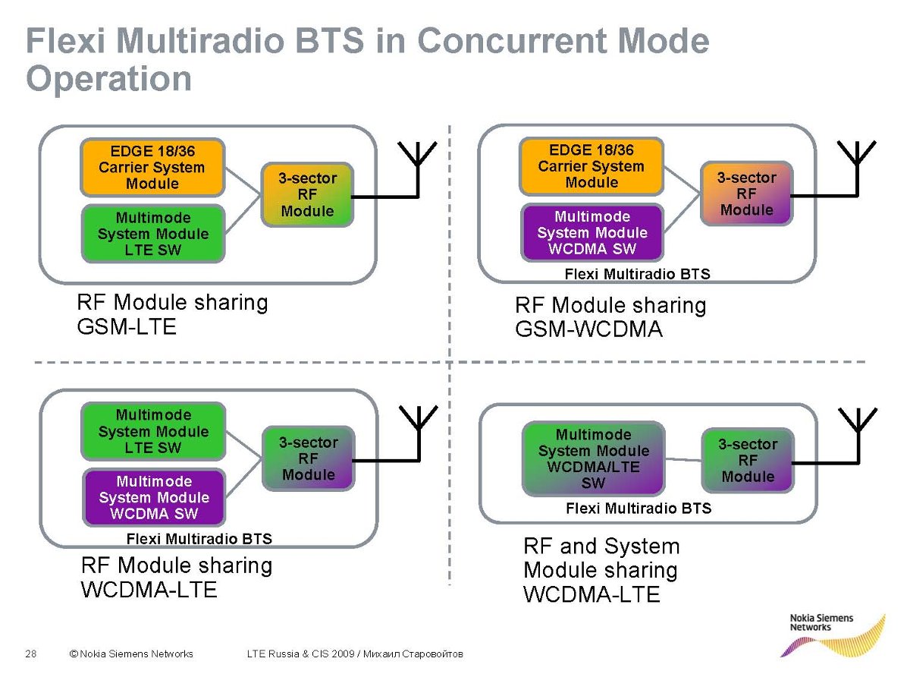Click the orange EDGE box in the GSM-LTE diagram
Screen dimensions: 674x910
click(x=152, y=167)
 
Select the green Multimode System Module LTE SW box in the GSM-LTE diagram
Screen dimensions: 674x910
click(x=152, y=234)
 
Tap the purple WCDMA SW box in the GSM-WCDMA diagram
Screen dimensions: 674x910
click(x=591, y=232)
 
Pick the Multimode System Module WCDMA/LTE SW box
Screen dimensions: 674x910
click(x=593, y=458)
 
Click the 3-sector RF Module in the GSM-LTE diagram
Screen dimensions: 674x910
click(x=307, y=194)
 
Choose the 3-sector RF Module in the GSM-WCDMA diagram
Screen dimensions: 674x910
click(x=747, y=194)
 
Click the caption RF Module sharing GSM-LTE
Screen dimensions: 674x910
click(x=172, y=314)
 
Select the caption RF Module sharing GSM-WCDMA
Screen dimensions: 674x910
click(x=610, y=317)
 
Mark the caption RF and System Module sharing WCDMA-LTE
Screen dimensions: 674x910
click(x=601, y=569)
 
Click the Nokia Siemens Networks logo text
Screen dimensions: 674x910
click(x=821, y=622)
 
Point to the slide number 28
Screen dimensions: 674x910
click(x=31, y=654)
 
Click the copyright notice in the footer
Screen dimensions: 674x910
click(x=130, y=654)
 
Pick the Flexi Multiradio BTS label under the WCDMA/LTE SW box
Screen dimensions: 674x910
click(x=639, y=508)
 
